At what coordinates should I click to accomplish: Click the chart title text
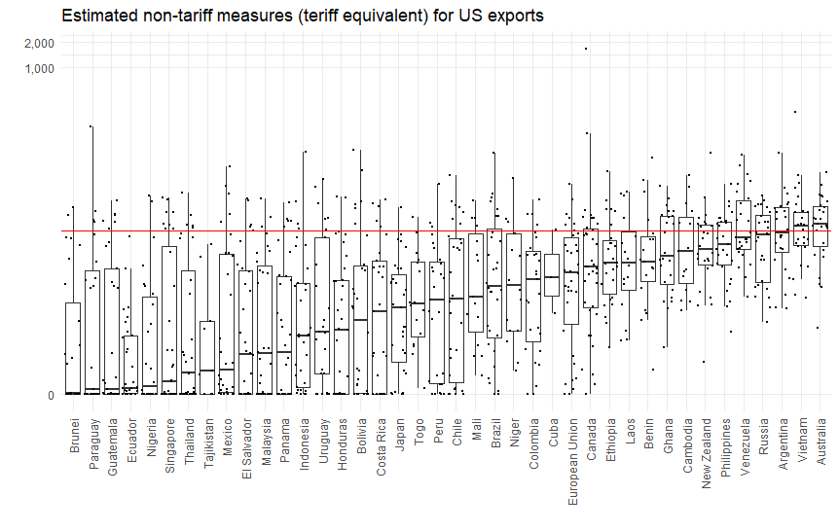[303, 16]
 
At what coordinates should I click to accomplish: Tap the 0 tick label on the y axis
[51, 395]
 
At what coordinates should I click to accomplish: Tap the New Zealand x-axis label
[707, 452]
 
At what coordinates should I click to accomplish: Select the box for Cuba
[552, 276]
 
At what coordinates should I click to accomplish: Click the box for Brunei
[73, 348]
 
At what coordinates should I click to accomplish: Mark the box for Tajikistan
[206, 357]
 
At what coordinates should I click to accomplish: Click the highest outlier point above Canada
[586, 49]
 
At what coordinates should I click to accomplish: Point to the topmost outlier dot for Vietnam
[795, 112]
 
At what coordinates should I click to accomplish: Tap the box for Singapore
[168, 320]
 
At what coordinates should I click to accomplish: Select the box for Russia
[763, 249]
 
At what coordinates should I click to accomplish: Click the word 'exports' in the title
[512, 16]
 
